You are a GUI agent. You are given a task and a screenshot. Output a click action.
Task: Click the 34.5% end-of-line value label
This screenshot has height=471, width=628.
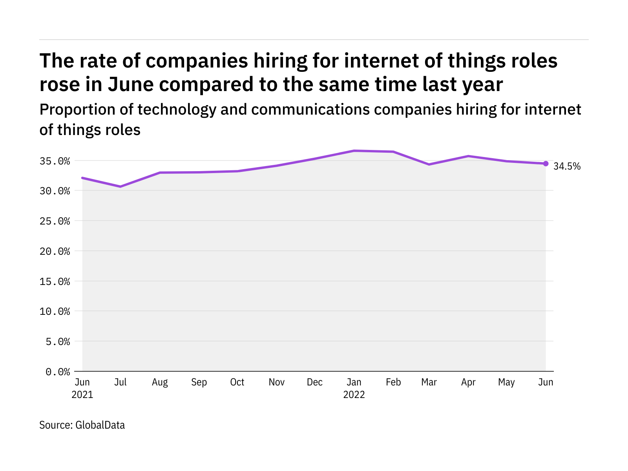point(567,166)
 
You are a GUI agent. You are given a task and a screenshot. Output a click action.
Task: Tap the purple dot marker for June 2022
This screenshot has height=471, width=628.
point(546,164)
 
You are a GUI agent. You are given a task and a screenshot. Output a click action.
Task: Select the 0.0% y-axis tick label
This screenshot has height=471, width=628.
point(58,372)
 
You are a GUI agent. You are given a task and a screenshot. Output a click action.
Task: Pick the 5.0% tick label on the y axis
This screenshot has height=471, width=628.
point(58,341)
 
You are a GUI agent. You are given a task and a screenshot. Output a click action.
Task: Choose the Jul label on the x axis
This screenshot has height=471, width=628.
point(120,382)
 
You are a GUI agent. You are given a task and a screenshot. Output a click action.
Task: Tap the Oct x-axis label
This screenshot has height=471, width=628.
point(237,382)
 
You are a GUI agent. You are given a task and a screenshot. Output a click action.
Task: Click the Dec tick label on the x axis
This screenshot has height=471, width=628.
point(315,382)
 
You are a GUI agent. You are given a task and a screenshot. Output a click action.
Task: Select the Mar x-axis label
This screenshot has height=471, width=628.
point(429,382)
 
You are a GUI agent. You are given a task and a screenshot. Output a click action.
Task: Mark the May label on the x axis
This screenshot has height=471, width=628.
point(506,382)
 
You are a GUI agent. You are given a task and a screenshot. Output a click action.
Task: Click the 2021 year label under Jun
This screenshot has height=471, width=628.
point(82,394)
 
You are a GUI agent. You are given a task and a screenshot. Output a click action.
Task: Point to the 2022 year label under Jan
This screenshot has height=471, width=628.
point(354,394)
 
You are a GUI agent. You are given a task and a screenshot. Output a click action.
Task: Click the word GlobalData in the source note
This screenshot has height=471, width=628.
point(100,425)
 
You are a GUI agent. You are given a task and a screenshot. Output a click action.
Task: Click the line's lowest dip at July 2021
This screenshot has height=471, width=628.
point(120,186)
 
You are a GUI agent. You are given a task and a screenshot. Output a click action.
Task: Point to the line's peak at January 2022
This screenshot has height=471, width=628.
point(354,151)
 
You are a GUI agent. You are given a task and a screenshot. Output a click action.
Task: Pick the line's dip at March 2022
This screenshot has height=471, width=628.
point(429,164)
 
